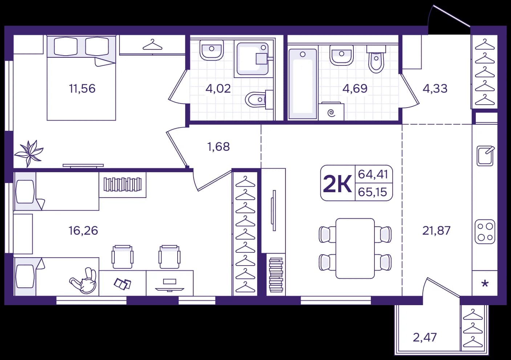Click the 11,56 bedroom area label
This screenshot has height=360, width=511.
click(82, 89)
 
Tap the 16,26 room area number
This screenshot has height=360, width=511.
click(83, 230)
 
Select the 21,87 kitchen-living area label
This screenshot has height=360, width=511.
click(437, 230)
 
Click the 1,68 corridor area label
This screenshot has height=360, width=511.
click(218, 147)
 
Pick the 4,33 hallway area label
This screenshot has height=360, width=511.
click(435, 89)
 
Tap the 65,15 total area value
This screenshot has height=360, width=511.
click(373, 192)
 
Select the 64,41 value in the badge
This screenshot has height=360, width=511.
click(373, 174)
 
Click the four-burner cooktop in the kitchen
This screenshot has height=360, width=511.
click(485, 231)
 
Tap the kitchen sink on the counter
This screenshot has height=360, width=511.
click(485, 156)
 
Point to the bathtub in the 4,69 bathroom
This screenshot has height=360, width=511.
click(303, 84)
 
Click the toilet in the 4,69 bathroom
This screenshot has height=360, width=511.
click(376, 59)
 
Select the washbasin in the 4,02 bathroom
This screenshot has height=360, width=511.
click(211, 50)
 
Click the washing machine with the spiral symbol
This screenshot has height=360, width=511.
click(331, 111)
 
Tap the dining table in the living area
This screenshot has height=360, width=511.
click(355, 248)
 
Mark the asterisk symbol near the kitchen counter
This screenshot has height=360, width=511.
click(485, 284)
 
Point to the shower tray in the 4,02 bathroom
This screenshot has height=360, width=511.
click(252, 59)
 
